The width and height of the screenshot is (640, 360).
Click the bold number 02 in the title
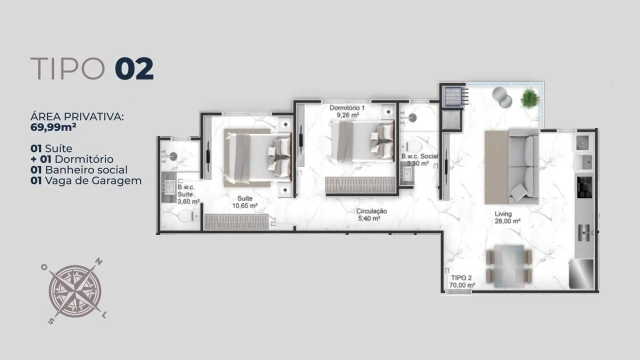click(134, 68)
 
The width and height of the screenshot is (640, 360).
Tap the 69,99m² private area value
click(53, 127)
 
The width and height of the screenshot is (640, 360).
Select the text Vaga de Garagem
click(93, 181)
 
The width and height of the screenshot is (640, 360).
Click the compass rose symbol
click(75, 291)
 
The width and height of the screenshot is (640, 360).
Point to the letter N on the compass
click(99, 261)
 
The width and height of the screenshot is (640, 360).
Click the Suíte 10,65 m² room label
click(245, 202)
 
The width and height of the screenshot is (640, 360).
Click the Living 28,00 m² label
click(507, 217)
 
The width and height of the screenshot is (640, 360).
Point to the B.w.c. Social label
click(419, 156)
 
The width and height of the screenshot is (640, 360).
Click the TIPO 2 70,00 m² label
click(462, 281)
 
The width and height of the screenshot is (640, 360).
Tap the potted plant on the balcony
click(530, 98)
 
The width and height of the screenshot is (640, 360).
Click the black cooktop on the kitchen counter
click(584, 187)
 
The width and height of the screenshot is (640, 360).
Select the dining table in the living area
click(509, 266)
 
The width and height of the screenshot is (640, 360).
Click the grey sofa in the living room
click(523, 166)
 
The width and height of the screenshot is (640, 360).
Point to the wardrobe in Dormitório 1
click(360, 184)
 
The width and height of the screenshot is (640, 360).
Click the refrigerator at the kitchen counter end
click(581, 273)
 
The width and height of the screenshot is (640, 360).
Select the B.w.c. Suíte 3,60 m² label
click(188, 194)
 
